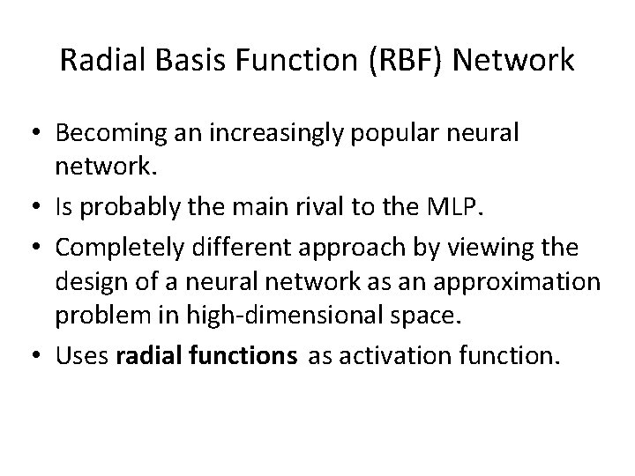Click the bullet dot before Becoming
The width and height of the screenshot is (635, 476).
[x=38, y=134]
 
